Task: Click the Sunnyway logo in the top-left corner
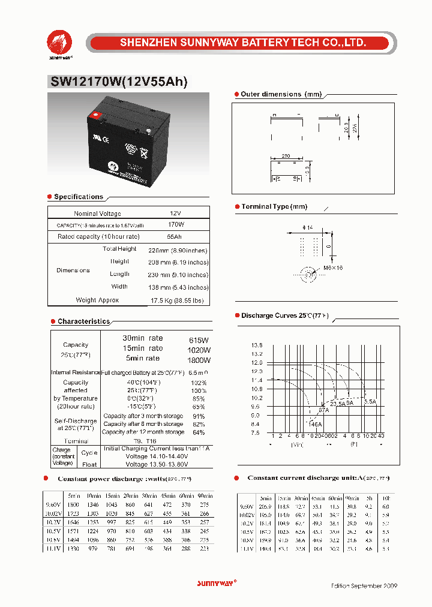[x=59, y=43]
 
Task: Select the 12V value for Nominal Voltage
[x=175, y=214]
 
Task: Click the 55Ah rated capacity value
[x=175, y=237]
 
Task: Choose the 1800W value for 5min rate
[x=199, y=360]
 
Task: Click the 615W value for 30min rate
[x=199, y=339]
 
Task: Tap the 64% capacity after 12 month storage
[x=199, y=432]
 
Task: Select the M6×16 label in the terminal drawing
[x=333, y=268]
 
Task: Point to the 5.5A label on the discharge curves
[x=370, y=401]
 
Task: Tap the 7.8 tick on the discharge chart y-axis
[x=256, y=432]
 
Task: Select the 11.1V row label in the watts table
[x=53, y=548]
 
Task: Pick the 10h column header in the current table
[x=386, y=498]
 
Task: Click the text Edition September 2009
[x=364, y=585]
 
